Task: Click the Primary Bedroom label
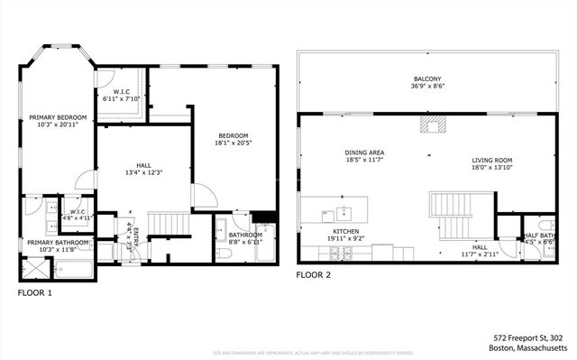pyautogui.click(x=58, y=117)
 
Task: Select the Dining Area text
pyautogui.click(x=364, y=152)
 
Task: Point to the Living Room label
pyautogui.click(x=491, y=161)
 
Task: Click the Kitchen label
pyautogui.click(x=346, y=230)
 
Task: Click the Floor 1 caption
pyautogui.click(x=35, y=293)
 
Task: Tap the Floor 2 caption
pyautogui.click(x=315, y=274)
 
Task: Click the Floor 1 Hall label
pyautogui.click(x=143, y=165)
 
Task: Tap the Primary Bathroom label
pyautogui.click(x=58, y=242)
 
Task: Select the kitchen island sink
pyautogui.click(x=343, y=213)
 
